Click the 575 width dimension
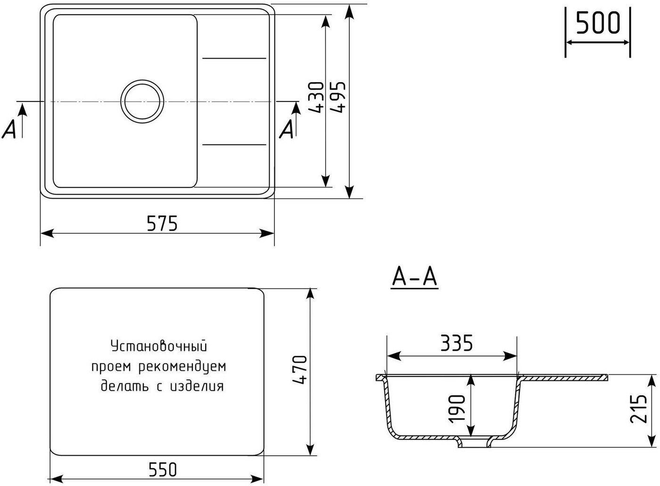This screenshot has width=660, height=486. [162, 223]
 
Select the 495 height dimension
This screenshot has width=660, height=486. [338, 97]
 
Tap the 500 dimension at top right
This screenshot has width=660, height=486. [598, 23]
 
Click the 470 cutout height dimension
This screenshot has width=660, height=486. [300, 370]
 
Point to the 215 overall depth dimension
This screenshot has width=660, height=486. [638, 409]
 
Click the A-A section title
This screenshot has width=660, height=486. [414, 277]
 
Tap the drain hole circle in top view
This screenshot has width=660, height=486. [142, 101]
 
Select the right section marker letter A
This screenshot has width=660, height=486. [287, 129]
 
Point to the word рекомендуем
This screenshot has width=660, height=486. [182, 367]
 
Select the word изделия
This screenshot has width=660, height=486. [197, 386]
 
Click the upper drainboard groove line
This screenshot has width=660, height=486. [234, 59]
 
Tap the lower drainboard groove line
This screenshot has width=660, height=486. [234, 145]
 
